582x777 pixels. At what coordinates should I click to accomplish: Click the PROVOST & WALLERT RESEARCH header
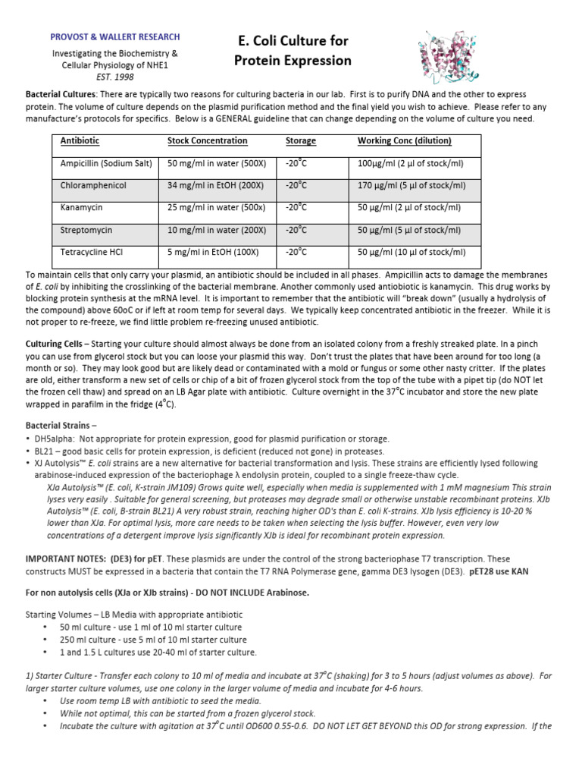click(x=115, y=37)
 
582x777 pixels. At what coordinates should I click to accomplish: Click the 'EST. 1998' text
click(x=115, y=77)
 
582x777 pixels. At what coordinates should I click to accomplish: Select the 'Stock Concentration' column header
click(x=207, y=141)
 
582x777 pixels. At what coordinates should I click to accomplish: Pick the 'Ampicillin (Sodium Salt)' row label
click(x=106, y=164)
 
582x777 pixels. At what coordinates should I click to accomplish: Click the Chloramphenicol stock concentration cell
click(x=215, y=186)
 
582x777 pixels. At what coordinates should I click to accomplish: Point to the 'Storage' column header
click(x=301, y=141)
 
